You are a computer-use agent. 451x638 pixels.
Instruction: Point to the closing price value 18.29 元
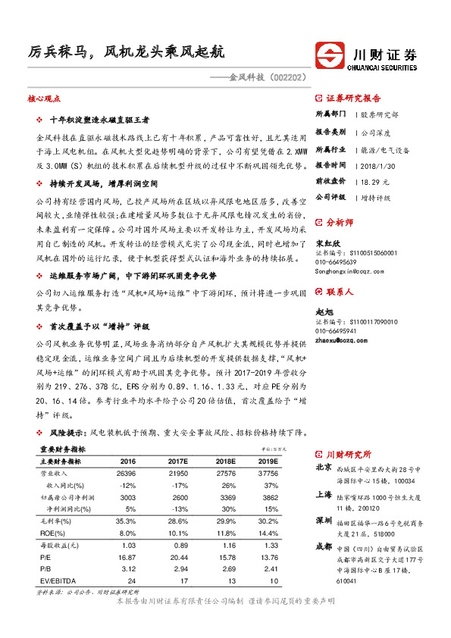(x=376, y=181)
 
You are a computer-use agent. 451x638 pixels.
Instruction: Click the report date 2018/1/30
(x=377, y=164)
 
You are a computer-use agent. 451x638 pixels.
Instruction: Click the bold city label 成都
(x=322, y=546)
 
